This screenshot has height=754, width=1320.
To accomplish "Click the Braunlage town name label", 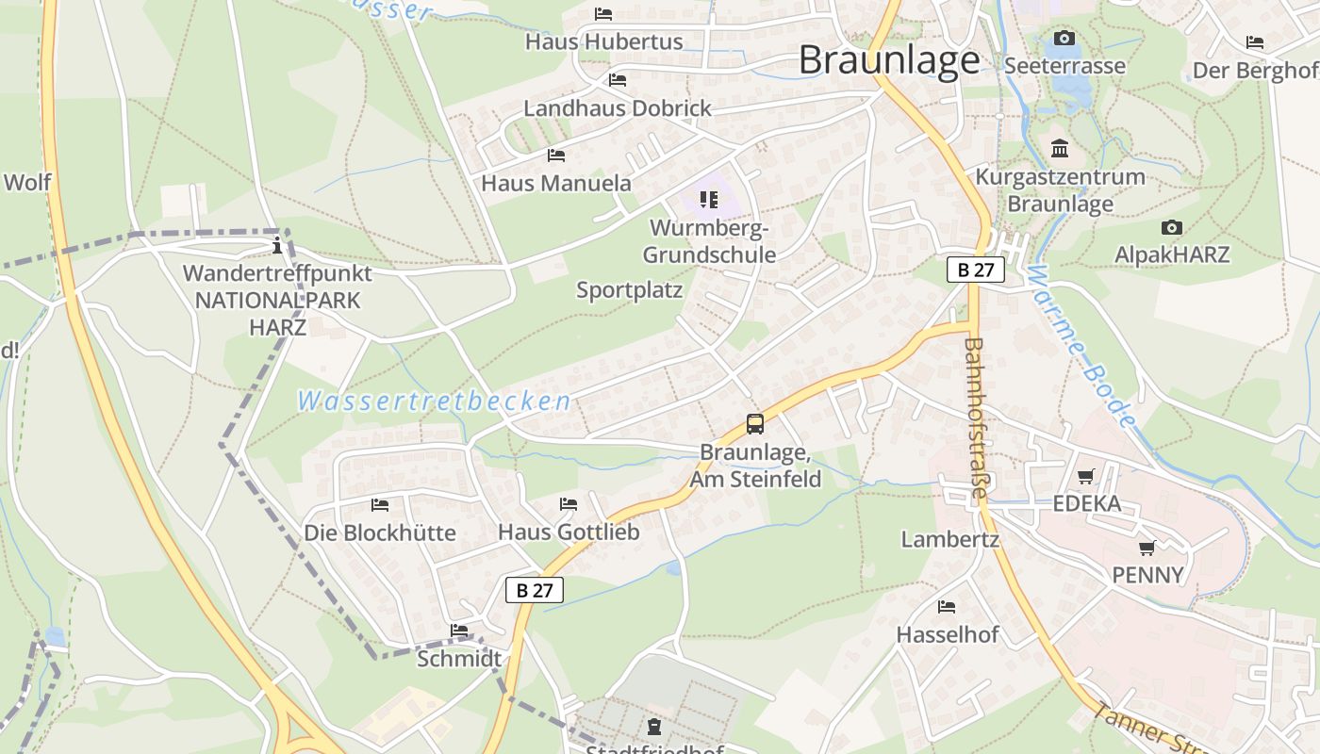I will pos(889,60).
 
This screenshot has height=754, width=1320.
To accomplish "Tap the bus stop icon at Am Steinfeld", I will pos(755,424).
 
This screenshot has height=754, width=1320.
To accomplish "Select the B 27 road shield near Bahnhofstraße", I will pos(976,270).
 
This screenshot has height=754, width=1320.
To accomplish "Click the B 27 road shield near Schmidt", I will pos(535,591).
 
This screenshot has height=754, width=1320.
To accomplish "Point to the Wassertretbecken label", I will pos(434,402).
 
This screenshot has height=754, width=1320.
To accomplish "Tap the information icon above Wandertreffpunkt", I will pos(277,247).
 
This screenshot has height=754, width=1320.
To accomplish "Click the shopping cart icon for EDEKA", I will pos(1086,477).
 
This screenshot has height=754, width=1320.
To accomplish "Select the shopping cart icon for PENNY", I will pos(1147,548).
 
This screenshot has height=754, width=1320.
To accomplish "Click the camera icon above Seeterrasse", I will pos(1064,39).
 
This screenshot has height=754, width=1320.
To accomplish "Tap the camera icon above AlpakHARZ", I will pos(1172,227).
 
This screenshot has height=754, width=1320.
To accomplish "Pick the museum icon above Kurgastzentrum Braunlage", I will pos(1060,149).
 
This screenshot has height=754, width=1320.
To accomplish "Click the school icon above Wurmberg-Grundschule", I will pos(709,200).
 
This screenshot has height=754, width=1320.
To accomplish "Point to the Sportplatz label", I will pos(629,290).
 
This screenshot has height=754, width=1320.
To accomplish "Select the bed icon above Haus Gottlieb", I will pos(569,504).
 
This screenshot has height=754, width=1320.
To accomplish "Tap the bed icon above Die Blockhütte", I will pos(380,505).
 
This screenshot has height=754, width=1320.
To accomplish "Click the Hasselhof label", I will pos(947,634).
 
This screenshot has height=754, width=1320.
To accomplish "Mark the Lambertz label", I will pos(949,539).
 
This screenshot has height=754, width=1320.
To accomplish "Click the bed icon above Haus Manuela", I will pos(556,156).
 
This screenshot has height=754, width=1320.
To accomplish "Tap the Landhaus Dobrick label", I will pos(618,108).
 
